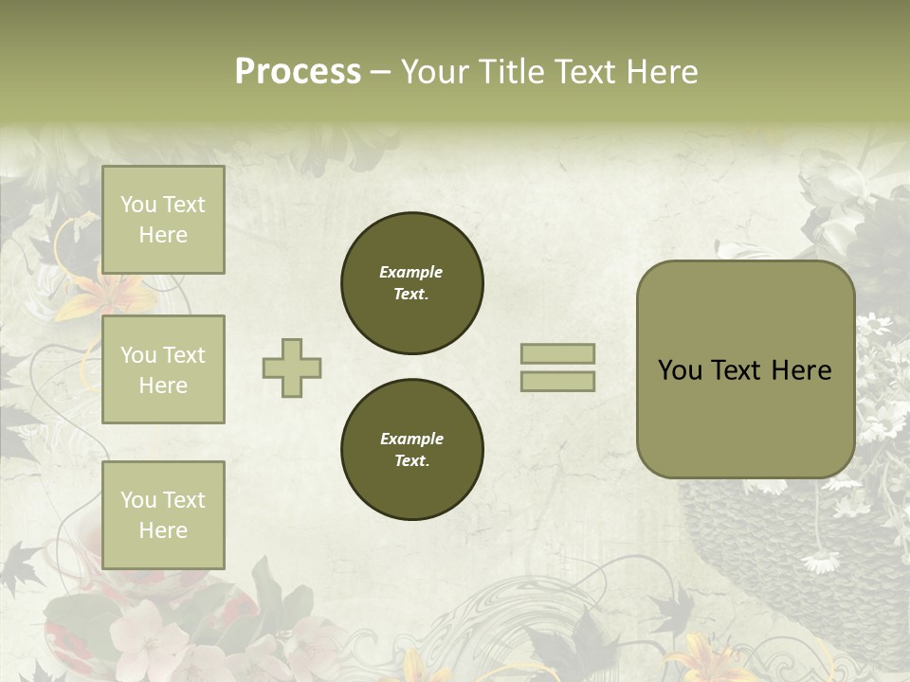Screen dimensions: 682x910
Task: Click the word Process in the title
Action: point(298,72)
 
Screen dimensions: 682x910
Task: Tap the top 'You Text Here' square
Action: point(163,220)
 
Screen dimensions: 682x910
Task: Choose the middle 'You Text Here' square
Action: point(163,369)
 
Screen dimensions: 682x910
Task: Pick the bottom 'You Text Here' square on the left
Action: point(163,514)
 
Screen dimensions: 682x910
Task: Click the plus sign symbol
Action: point(292,368)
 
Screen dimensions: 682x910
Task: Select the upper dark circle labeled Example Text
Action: point(412,283)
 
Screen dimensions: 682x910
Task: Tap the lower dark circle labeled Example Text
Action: point(412,450)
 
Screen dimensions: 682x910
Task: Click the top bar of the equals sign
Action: point(557,354)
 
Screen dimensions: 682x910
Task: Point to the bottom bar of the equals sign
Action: point(557,381)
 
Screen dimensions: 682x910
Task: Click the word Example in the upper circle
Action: point(411,273)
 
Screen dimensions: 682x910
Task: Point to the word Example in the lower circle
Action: point(411,440)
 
